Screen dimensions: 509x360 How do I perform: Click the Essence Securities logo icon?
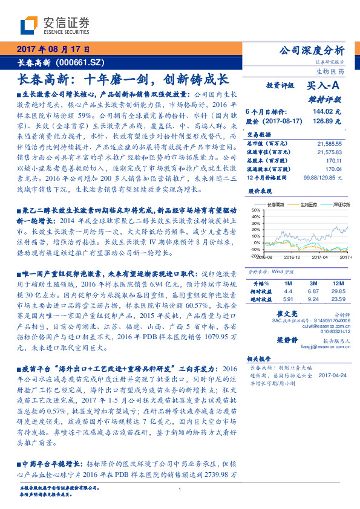30,25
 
